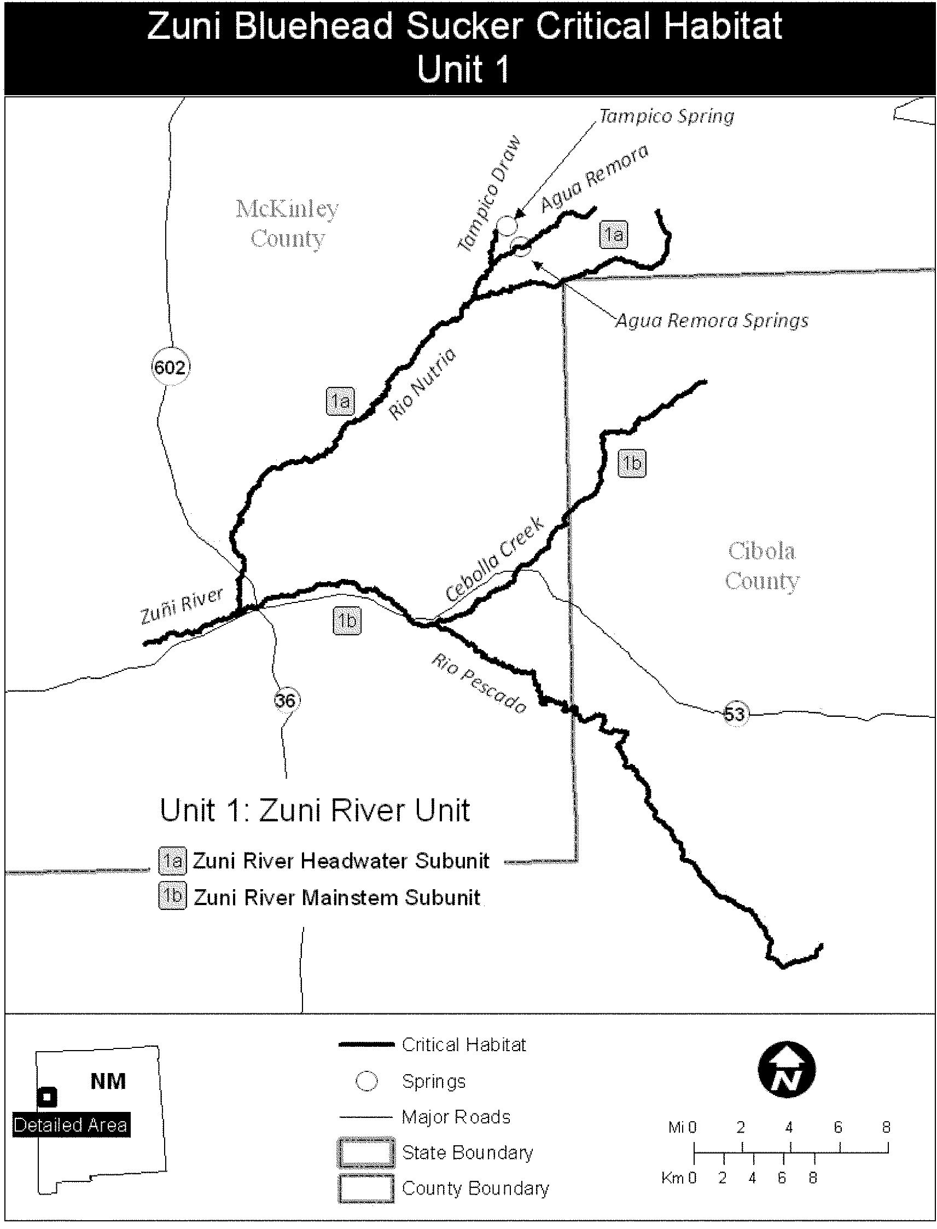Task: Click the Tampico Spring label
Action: click(666, 117)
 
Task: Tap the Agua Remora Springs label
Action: click(712, 321)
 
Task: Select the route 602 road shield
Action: click(170, 367)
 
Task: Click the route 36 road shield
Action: click(286, 699)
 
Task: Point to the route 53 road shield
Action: click(734, 714)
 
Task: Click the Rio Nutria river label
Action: click(422, 383)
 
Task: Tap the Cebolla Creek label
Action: click(494, 559)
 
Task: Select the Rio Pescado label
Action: click(479, 684)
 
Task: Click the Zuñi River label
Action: click(181, 605)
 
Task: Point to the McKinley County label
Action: click(287, 224)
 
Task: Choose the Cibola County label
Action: click(762, 566)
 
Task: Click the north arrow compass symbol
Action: click(787, 1069)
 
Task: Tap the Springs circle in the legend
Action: click(366, 1081)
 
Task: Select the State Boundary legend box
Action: click(366, 1152)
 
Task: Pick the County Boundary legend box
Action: click(366, 1189)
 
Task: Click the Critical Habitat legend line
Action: click(366, 1045)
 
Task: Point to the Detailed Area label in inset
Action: click(71, 1124)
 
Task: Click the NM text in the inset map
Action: click(108, 1081)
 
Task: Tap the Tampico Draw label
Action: click(489, 193)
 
